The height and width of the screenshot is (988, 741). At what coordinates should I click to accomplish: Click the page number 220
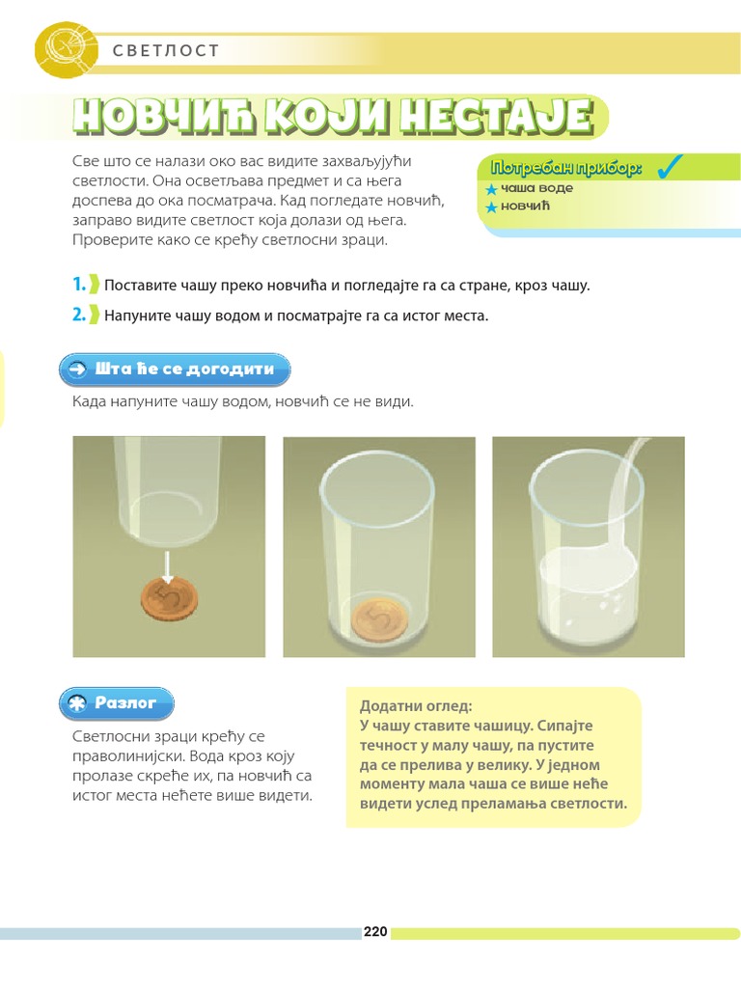(375, 931)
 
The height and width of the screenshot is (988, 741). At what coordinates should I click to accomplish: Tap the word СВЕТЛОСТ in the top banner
(166, 50)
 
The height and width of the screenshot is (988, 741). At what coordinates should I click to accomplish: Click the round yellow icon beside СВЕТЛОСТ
(66, 49)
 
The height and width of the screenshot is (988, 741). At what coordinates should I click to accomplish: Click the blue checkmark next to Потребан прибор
(670, 166)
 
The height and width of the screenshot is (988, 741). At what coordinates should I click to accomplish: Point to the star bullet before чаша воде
(491, 189)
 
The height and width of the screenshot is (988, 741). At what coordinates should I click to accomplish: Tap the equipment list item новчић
(525, 206)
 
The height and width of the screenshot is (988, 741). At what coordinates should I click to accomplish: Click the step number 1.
(79, 285)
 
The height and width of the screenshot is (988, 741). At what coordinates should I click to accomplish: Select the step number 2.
(79, 314)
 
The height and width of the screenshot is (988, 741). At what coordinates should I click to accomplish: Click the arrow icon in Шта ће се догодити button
(77, 370)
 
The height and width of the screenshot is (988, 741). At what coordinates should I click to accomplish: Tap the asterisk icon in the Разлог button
(77, 703)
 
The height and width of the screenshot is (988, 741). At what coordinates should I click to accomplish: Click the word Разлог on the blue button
(124, 702)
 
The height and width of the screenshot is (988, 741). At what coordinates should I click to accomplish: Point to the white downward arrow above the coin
(167, 566)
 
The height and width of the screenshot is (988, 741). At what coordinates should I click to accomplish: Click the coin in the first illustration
(169, 599)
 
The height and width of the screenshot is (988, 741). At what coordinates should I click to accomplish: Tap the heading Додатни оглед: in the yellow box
(415, 705)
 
